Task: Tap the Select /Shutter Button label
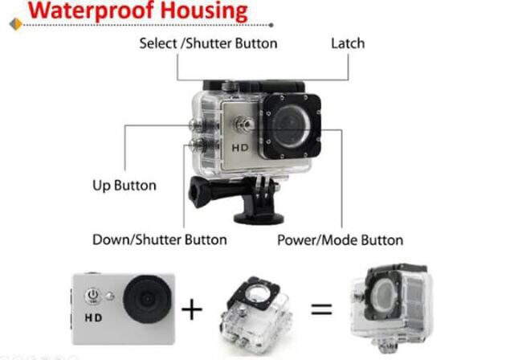click(x=208, y=43)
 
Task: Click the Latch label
click(x=347, y=43)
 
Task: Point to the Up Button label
click(x=124, y=186)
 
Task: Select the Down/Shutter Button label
click(x=160, y=239)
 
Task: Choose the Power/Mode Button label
click(x=340, y=239)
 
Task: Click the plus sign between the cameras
click(x=191, y=309)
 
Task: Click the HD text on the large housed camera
click(x=239, y=149)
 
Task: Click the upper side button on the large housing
click(x=195, y=125)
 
